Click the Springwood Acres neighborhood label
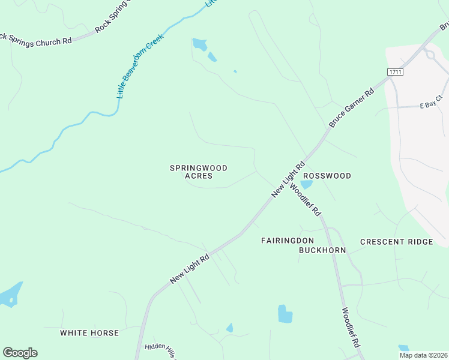[199, 172]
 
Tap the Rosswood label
[327, 176]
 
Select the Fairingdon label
[288, 241]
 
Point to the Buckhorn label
[322, 250]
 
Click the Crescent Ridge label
[396, 242]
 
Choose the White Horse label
[89, 332]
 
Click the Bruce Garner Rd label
[352, 107]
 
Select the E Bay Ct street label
[430, 104]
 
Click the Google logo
[20, 353]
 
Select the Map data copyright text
[423, 355]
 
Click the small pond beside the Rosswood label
[306, 184]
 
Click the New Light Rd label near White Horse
[189, 268]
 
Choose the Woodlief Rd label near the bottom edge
[350, 328]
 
